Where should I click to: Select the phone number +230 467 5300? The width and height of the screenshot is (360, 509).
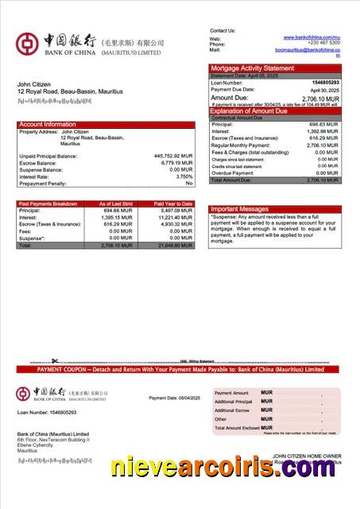tap(324, 44)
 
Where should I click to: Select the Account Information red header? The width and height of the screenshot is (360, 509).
tap(48, 124)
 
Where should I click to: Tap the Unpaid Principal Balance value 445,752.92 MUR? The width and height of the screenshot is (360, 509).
tap(172, 156)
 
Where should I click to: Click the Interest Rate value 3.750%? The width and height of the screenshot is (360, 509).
tap(184, 177)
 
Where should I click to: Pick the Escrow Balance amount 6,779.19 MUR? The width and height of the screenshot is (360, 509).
tap(176, 163)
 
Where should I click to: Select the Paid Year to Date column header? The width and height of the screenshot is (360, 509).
tap(173, 204)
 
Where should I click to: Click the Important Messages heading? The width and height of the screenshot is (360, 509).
tap(239, 209)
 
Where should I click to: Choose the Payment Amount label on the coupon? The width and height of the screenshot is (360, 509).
tap(231, 393)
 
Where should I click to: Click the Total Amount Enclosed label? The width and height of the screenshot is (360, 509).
tap(236, 428)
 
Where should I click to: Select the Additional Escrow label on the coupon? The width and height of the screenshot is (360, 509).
tap(231, 410)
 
